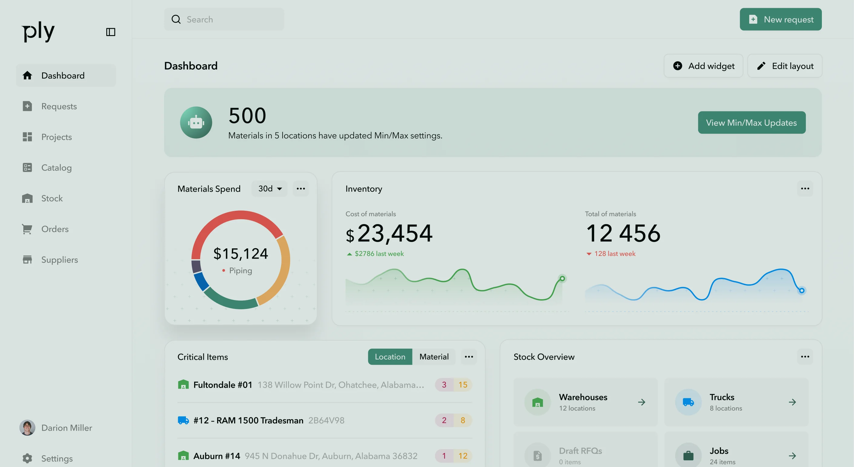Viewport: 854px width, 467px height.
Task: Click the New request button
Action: [780, 19]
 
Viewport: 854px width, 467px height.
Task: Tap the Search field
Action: [224, 19]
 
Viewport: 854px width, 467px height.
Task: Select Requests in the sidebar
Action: [59, 106]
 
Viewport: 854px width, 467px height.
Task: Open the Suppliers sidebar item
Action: [59, 260]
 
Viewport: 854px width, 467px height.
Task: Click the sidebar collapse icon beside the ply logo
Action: [111, 32]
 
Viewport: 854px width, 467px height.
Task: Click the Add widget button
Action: [703, 66]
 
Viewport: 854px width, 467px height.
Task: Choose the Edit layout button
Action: [785, 66]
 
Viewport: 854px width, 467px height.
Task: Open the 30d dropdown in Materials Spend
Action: [270, 189]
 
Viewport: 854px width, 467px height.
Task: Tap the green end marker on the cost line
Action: [562, 278]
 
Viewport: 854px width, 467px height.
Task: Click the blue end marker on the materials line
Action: [802, 291]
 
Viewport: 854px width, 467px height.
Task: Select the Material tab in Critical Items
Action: [434, 357]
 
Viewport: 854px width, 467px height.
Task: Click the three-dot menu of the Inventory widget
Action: [805, 189]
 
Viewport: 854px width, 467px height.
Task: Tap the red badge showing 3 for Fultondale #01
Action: [444, 385]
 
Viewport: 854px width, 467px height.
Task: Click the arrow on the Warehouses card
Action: [641, 402]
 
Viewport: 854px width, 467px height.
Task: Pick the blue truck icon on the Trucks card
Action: [688, 402]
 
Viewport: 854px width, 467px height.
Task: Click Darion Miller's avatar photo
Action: [27, 428]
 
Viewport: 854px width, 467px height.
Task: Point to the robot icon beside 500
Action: [196, 122]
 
